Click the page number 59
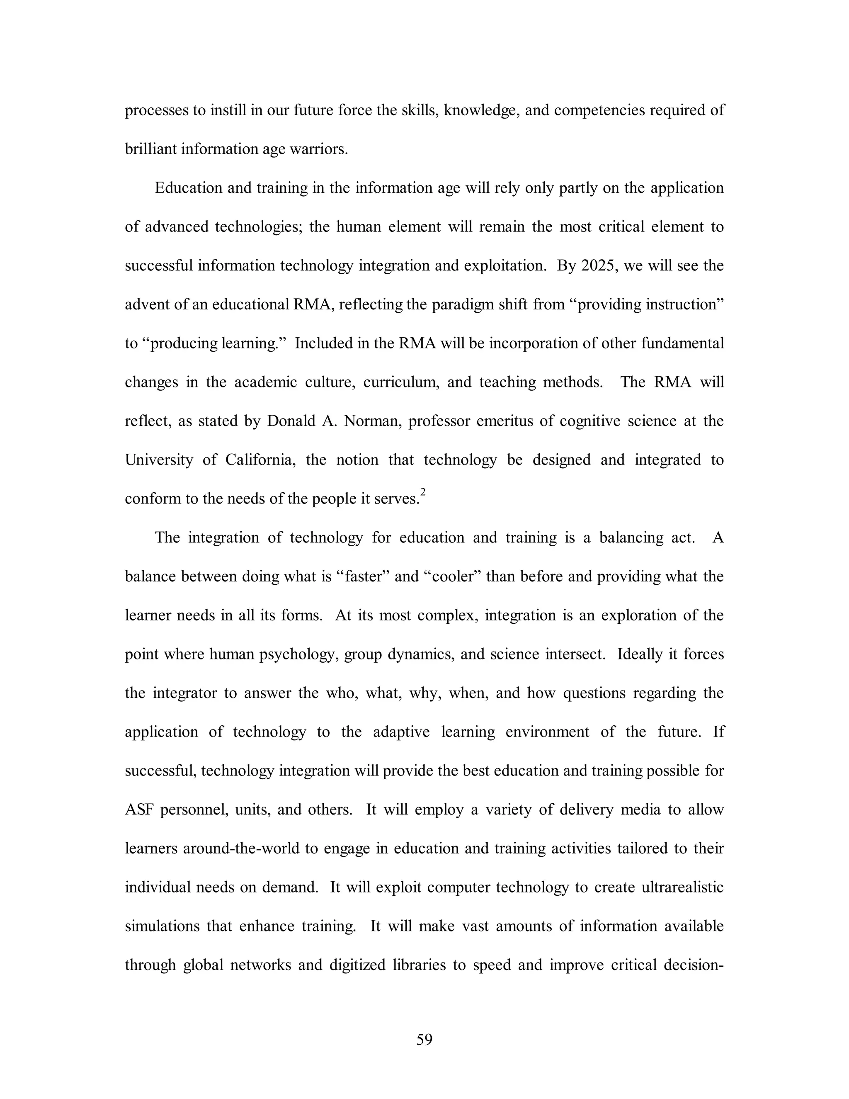(x=424, y=1039)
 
